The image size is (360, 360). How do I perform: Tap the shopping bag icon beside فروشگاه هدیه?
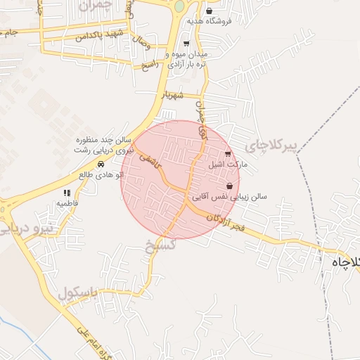(210, 11)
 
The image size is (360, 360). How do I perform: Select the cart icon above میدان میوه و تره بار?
(186, 44)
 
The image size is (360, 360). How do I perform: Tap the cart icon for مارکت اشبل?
(228, 155)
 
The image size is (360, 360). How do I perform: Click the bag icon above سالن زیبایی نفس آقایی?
(230, 186)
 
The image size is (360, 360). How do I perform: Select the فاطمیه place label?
(68, 203)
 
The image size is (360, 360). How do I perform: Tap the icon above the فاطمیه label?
(67, 193)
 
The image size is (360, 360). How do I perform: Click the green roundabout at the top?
(179, 6)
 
